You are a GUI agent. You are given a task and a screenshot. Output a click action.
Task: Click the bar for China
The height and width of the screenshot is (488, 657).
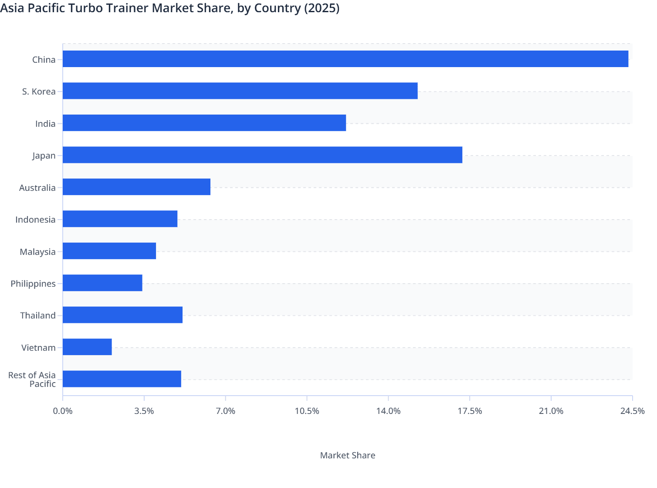345,59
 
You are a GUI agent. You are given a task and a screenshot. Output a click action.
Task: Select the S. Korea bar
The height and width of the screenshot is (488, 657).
240,91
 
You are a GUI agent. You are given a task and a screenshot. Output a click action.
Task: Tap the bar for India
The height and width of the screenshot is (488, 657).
204,123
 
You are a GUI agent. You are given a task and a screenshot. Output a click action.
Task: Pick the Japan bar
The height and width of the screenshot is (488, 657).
262,155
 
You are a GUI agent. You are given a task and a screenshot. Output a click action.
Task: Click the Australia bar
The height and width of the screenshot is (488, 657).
136,187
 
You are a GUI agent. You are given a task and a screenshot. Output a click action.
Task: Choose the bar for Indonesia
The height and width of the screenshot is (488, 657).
120,219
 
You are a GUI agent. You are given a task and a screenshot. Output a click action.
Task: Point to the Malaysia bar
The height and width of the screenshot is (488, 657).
109,251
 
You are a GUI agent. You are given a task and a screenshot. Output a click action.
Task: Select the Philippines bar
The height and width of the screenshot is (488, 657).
102,283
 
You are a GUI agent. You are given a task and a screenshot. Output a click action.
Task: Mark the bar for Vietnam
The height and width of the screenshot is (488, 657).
87,347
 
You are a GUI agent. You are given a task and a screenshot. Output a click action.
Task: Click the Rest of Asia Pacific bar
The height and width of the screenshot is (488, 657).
122,379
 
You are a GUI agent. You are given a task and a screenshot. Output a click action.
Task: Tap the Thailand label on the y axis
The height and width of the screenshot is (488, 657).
38,315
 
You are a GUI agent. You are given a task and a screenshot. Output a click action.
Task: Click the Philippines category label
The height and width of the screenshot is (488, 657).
33,284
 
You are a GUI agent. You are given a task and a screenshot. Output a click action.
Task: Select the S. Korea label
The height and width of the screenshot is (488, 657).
39,91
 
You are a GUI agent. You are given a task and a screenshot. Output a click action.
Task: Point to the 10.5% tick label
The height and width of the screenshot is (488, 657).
307,411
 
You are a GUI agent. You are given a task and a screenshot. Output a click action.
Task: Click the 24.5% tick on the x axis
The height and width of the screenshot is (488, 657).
632,411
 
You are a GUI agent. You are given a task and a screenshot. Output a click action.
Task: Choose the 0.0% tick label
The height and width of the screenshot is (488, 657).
63,411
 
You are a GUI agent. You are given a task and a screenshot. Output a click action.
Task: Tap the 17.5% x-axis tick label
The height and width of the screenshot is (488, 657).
470,411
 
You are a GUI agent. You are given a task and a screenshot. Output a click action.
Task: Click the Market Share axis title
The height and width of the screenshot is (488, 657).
347,455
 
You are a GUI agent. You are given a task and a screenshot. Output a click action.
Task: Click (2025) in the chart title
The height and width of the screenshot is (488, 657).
322,8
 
